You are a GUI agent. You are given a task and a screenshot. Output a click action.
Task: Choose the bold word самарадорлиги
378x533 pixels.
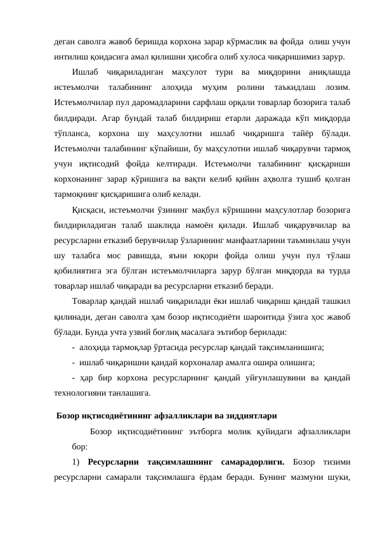coord(255,463)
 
